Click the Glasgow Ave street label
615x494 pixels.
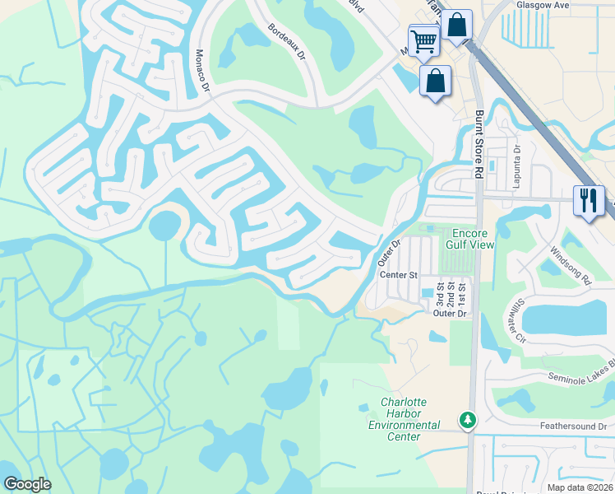(x=543, y=5)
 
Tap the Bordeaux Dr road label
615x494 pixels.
(x=286, y=42)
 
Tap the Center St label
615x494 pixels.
(x=399, y=275)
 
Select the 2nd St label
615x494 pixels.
(x=451, y=294)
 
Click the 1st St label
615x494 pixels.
(x=462, y=294)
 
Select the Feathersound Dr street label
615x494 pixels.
(x=572, y=426)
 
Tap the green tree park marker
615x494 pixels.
(x=468, y=420)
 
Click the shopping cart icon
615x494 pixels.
(x=423, y=39)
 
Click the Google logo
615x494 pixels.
(x=27, y=484)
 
